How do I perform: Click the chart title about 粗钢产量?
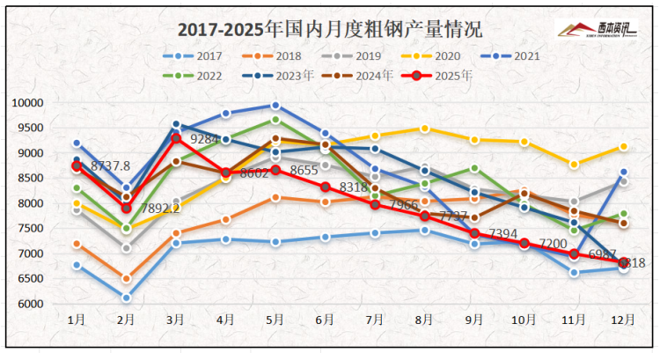[330, 29]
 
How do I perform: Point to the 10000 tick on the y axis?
[28, 103]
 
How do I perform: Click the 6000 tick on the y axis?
[31, 305]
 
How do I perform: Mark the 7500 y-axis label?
[31, 229]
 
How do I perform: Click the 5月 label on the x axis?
[275, 320]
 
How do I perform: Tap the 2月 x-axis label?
[127, 320]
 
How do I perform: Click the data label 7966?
[407, 204]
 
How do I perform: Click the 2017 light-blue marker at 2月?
[127, 298]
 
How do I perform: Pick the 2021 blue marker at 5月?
[275, 106]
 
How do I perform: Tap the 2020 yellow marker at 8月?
[425, 129]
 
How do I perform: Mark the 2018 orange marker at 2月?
[127, 279]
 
